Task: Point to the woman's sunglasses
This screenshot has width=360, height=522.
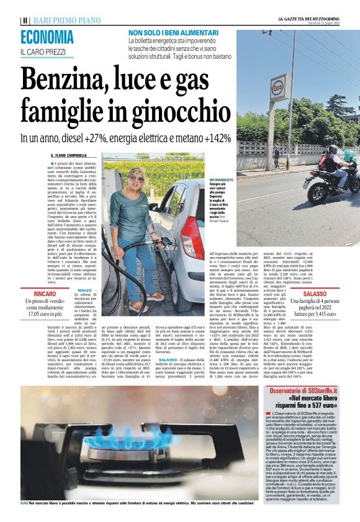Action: click(136, 178)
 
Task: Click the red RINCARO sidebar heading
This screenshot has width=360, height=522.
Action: click(47, 293)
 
